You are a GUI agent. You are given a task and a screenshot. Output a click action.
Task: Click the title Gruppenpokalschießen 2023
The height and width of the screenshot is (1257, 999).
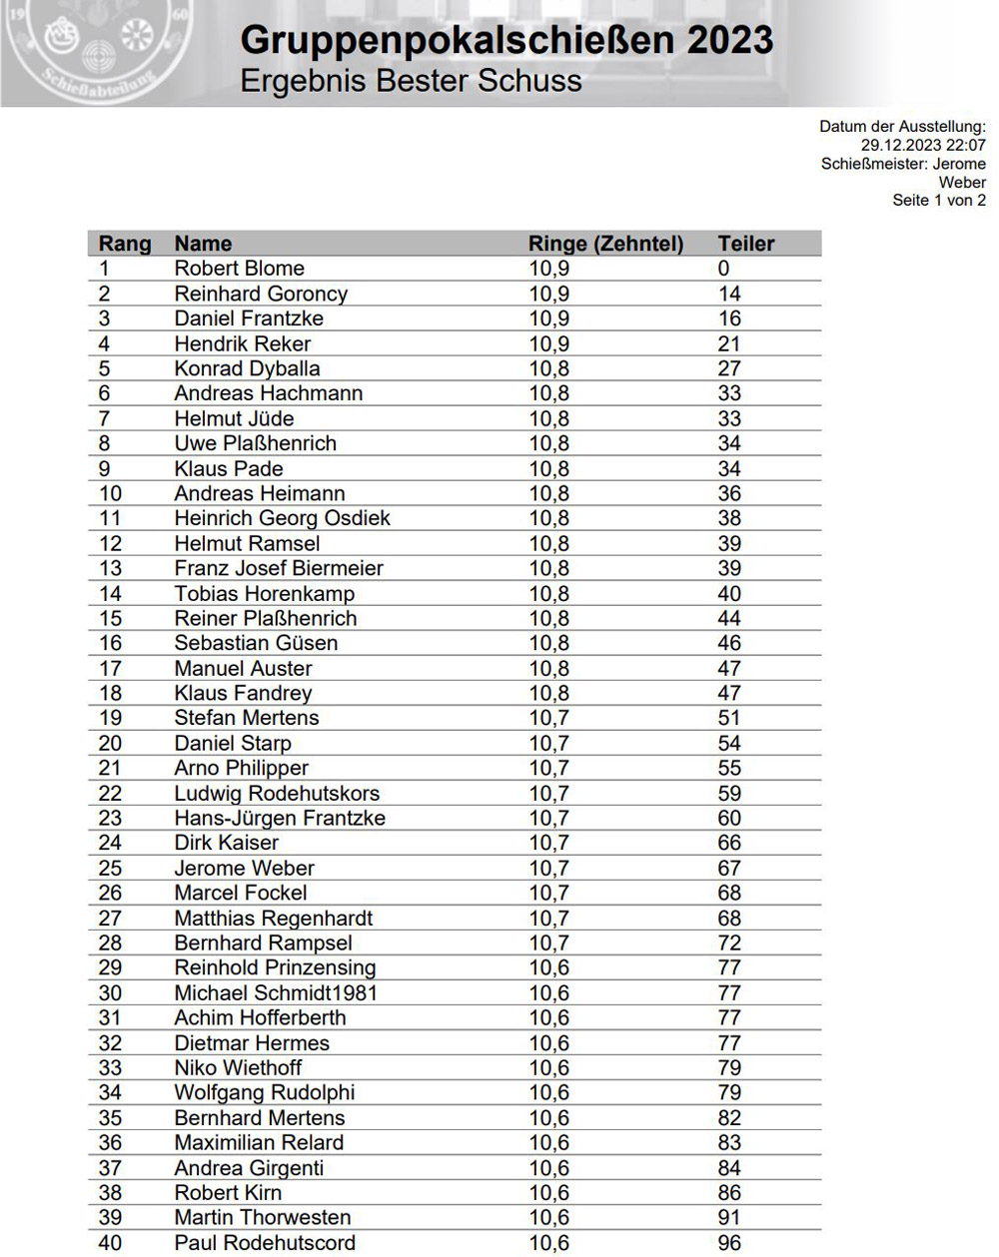506,41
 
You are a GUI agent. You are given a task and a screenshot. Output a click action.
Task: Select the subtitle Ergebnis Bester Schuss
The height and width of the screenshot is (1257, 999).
411,81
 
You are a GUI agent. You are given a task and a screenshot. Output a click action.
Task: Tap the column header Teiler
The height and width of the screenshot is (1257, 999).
745,244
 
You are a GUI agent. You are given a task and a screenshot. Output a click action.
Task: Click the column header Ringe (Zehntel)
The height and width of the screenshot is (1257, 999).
605,244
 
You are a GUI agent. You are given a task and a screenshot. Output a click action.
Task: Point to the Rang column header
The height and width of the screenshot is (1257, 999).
125,244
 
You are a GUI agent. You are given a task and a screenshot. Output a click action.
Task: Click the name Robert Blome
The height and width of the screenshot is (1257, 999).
239,269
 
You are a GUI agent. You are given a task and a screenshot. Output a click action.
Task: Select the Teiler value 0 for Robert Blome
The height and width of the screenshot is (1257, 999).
723,269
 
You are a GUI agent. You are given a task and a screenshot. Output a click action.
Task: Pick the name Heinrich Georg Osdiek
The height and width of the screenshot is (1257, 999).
282,518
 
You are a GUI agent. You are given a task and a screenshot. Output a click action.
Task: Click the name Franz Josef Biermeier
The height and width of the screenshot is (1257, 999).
279,568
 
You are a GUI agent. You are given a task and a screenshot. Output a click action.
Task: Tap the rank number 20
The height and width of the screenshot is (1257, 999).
110,743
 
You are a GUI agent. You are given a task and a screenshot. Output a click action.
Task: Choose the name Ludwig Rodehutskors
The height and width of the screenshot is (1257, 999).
277,793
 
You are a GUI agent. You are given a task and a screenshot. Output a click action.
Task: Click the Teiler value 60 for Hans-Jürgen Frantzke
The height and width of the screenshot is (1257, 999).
729,818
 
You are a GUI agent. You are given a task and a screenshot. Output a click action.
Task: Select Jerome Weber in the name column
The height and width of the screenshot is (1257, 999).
244,868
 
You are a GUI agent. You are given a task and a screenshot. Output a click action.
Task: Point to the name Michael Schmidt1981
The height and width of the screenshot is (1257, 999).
276,992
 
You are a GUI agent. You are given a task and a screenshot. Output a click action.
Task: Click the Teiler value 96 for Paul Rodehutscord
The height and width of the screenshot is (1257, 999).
729,1243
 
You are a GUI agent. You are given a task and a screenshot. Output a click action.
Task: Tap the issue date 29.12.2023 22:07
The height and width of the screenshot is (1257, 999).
923,145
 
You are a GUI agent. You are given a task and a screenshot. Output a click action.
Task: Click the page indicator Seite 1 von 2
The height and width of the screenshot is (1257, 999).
939,200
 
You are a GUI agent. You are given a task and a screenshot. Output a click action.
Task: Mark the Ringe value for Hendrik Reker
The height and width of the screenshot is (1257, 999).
548,343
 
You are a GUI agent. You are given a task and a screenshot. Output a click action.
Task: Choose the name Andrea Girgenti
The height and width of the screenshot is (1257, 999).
249,1167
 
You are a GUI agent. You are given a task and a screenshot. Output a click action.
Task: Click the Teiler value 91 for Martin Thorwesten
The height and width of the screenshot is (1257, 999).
729,1217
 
